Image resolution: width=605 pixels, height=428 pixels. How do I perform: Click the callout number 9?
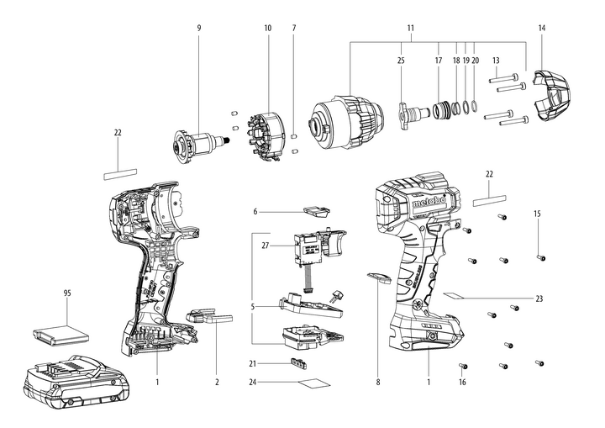(199, 28)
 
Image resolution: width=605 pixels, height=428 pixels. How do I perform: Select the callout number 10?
(268, 28)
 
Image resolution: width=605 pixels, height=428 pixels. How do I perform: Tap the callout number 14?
(542, 28)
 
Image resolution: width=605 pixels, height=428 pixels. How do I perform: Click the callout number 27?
(265, 246)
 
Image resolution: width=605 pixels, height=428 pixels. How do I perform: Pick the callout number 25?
(401, 61)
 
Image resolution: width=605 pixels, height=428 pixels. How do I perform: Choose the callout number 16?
(462, 382)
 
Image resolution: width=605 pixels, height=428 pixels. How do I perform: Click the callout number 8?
(378, 382)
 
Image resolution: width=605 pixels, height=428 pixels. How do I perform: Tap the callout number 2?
(217, 382)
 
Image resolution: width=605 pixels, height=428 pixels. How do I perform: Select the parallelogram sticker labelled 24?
(313, 383)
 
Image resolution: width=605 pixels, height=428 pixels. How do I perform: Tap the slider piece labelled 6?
(317, 211)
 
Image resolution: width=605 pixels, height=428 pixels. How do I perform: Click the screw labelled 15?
(539, 256)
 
